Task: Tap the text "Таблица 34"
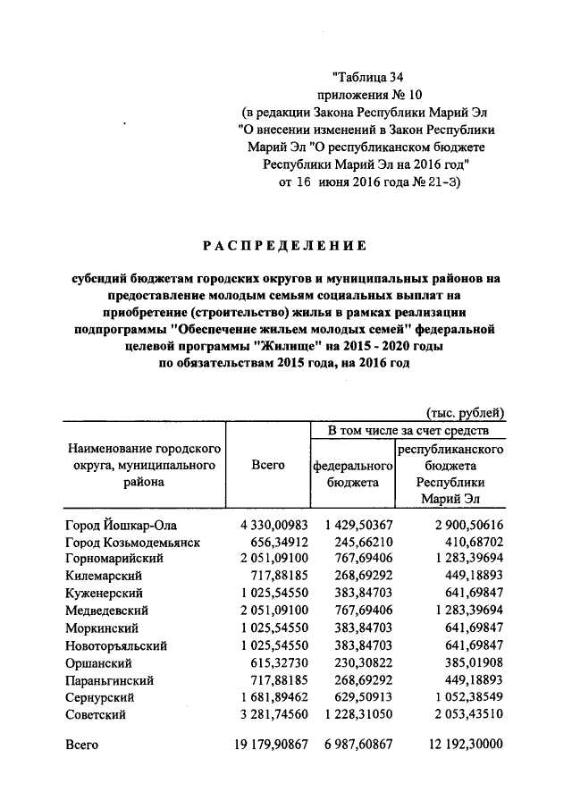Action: [369, 78]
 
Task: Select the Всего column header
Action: [267, 465]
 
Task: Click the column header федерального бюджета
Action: [353, 474]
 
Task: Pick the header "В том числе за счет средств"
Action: [408, 431]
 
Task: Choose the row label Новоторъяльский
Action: [115, 645]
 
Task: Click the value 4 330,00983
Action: [273, 526]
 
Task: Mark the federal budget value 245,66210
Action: [359, 543]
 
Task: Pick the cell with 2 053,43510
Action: [460, 715]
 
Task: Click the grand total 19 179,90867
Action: [270, 745]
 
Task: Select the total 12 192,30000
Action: [460, 745]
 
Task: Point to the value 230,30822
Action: [359, 663]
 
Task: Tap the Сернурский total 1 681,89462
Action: [273, 698]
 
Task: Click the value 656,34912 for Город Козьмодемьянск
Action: [281, 543]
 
